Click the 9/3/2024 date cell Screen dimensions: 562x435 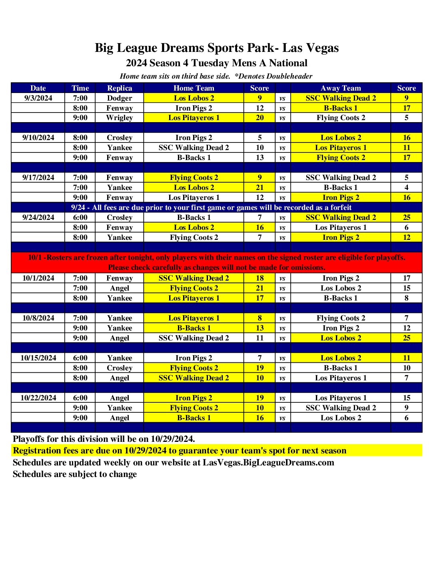point(38,98)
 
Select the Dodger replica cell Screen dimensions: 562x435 point(120,98)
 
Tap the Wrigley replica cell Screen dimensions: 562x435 point(120,118)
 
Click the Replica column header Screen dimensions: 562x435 point(120,88)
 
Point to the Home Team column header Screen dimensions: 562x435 point(194,88)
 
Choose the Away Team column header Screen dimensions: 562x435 point(341,88)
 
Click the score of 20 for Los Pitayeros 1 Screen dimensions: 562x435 point(260,118)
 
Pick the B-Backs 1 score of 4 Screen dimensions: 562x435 point(407,188)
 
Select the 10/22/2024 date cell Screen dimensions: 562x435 point(38,398)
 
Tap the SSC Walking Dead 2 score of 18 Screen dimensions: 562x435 point(260,278)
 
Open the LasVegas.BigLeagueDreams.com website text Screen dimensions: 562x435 point(268,463)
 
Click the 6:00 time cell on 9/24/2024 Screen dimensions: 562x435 point(80,218)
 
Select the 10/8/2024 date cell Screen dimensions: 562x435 point(38,318)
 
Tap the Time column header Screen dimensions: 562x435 point(80,88)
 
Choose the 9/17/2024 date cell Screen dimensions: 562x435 point(38,178)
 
